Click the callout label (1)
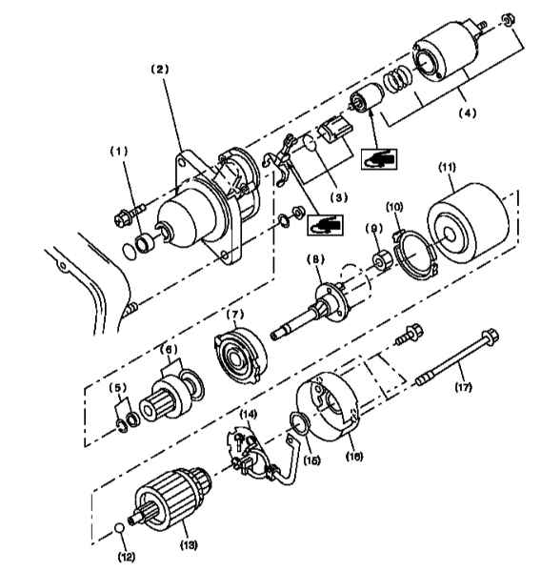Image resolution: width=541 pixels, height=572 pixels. [119, 152]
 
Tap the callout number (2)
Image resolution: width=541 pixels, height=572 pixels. [160, 69]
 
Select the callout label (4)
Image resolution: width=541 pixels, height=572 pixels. [468, 113]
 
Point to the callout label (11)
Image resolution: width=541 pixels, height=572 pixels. [447, 168]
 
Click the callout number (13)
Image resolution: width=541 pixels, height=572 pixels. [189, 544]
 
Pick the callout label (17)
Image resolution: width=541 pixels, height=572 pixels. [463, 387]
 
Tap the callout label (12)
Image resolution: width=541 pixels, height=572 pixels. [127, 557]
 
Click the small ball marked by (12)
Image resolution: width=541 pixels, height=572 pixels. [119, 528]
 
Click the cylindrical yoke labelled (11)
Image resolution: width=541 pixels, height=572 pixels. [468, 223]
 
